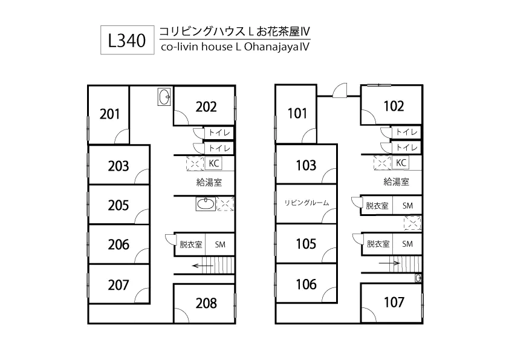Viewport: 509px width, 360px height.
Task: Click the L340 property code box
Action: [126, 41]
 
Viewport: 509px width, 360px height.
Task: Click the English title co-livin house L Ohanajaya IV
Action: [235, 46]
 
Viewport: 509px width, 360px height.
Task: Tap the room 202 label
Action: [206, 106]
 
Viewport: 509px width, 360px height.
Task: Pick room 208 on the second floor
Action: [206, 303]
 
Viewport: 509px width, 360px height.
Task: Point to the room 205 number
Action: [118, 205]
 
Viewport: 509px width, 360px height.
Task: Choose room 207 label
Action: [118, 283]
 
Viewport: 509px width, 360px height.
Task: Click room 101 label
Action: [297, 113]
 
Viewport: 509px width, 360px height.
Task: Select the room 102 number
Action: [394, 106]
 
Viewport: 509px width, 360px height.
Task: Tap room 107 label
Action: [394, 302]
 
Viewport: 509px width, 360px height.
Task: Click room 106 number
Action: [306, 283]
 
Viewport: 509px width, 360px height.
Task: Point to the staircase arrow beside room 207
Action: [203, 264]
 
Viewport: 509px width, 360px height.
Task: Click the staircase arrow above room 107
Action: [390, 263]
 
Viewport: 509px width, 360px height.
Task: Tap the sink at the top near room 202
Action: [164, 96]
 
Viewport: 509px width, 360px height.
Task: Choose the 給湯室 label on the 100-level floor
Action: [396, 182]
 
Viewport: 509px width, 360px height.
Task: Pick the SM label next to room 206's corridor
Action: [220, 244]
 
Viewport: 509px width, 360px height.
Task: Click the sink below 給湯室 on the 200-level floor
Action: [206, 205]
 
